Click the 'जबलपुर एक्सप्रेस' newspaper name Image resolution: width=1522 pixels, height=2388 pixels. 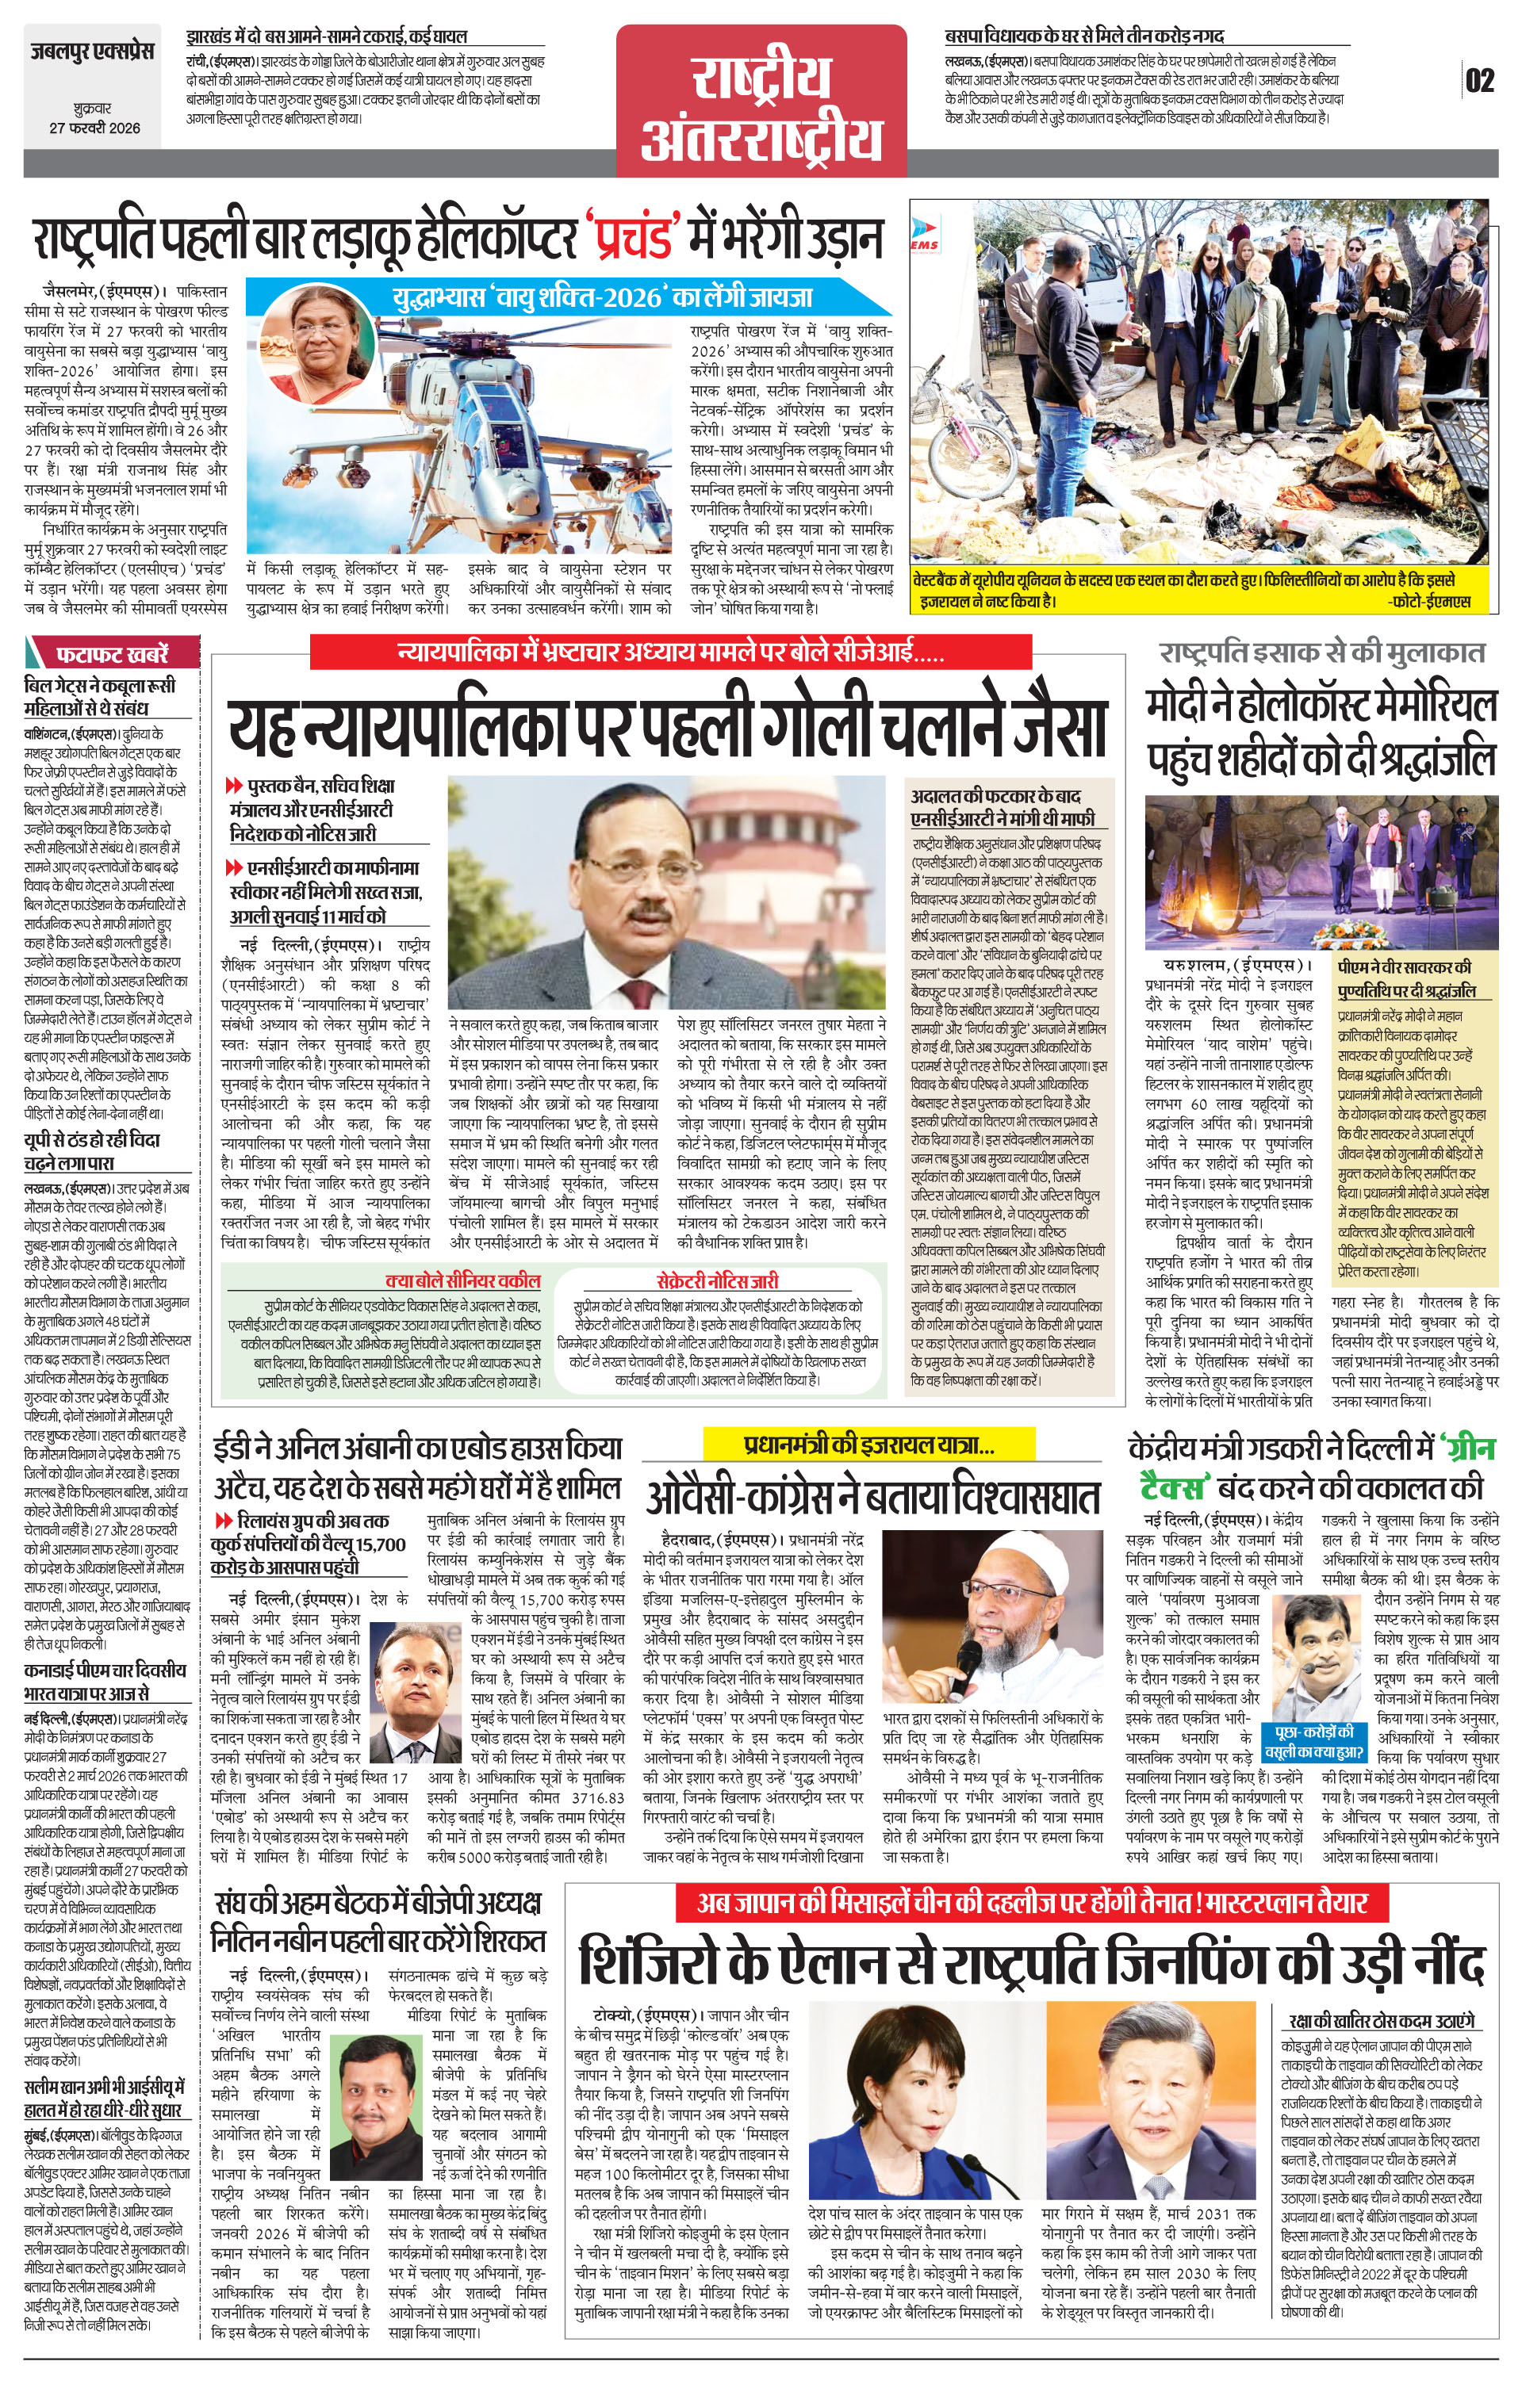coord(91,51)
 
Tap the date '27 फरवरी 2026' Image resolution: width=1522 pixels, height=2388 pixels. coord(95,128)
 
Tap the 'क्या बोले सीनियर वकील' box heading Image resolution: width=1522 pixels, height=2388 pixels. coord(462,1280)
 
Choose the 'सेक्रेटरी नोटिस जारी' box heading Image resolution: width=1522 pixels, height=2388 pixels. coord(716,1280)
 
